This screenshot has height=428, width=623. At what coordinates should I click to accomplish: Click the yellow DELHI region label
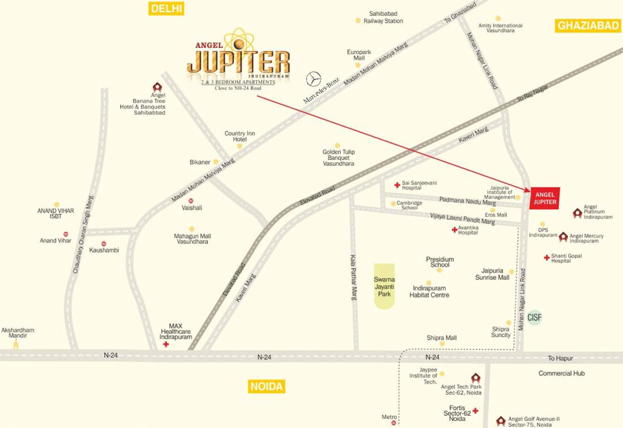coord(166,8)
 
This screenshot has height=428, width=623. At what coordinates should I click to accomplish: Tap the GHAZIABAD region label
coord(588,26)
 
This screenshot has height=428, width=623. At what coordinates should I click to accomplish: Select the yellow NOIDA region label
coord(266,386)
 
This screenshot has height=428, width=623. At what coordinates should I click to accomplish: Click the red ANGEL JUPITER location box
coord(545,198)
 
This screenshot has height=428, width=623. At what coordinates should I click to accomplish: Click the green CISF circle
coord(535,318)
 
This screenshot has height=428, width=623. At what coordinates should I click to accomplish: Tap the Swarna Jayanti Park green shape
coord(384,286)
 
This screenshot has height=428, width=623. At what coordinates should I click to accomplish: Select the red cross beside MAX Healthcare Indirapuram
coord(166,345)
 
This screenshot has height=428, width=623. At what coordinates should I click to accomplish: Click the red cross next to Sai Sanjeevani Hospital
coord(397,185)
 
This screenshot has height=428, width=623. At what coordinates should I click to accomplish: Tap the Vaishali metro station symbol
coord(191,200)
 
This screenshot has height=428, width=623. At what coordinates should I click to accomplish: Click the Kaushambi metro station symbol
coord(104,244)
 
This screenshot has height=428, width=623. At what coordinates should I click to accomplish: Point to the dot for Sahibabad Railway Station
coord(358,21)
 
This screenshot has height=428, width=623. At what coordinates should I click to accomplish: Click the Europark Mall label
coord(355,55)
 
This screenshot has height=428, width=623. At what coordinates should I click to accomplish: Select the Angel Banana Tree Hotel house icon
coord(157,87)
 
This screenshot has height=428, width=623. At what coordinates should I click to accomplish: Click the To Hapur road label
coord(560,358)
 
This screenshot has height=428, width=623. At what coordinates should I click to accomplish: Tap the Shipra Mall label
coord(442,338)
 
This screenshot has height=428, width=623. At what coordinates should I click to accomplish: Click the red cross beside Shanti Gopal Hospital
coord(547,257)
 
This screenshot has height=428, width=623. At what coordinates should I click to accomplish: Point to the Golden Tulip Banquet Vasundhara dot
coord(337,145)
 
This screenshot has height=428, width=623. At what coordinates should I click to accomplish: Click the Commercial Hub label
coord(561,373)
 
